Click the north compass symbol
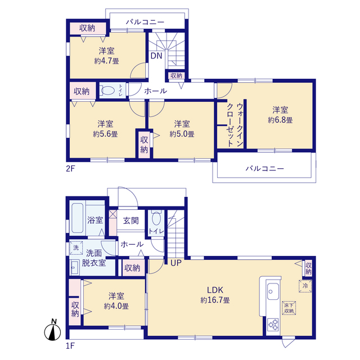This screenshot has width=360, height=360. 52,331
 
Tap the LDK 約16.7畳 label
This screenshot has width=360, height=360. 215,295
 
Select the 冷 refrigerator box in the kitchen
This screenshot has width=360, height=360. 305,286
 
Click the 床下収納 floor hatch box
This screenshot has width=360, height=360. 289,308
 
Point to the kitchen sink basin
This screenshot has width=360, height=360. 273,291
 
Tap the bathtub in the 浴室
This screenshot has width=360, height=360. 77,218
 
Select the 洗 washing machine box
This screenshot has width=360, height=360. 76,247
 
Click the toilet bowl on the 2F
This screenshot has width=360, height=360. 107,91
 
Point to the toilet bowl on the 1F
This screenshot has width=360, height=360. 156,219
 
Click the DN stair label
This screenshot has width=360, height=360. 156,56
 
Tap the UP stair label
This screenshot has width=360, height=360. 176,263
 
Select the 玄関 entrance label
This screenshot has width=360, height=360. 131,220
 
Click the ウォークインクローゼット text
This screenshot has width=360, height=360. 235,125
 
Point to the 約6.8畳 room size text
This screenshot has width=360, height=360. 280,120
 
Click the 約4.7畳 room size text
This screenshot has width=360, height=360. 106,61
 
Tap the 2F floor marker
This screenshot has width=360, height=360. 70,169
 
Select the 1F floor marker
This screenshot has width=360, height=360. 70,345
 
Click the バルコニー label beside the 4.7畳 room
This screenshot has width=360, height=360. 145,22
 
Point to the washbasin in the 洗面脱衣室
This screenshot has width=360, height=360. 75,268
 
